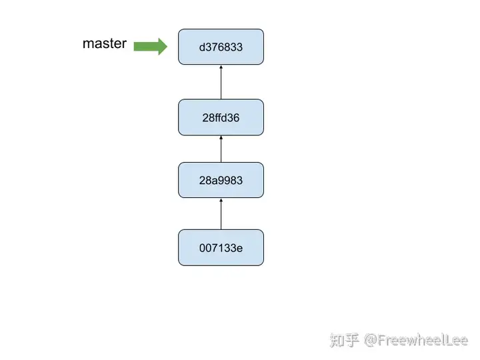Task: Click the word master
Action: pos(105,43)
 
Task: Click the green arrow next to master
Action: pos(151,47)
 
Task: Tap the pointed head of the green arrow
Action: pos(167,47)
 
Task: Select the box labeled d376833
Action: pos(221,47)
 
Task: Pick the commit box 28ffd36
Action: pos(221,117)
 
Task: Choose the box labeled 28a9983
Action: pos(221,180)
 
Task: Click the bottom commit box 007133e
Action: pos(221,247)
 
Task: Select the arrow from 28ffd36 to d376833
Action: pos(221,82)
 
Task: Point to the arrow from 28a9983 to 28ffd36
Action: pos(221,149)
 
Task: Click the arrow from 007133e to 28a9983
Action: pos(221,214)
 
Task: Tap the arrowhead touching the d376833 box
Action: pos(221,67)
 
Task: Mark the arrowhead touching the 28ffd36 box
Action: pos(221,137)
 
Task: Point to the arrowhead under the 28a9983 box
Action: pos(221,200)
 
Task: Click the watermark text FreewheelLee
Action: pos(423,340)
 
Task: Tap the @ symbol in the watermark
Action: pos(370,341)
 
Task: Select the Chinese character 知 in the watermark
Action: pos(337,340)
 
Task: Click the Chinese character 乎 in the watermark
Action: pos(352,340)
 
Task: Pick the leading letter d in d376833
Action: pos(202,47)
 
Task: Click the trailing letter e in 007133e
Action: pos(240,248)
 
